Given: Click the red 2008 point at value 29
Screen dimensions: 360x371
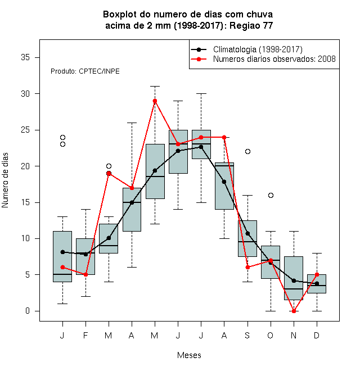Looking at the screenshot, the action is point(155,101).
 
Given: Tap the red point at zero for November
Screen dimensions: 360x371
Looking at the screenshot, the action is point(294,311).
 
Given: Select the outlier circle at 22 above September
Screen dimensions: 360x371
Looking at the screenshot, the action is point(247,151).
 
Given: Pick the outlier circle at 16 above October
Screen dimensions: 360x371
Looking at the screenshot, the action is point(271,195).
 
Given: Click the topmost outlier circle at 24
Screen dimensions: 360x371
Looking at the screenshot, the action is point(62,137).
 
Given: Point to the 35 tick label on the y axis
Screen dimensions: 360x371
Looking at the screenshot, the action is point(25,57).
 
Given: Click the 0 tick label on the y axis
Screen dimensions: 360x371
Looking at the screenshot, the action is point(28,311).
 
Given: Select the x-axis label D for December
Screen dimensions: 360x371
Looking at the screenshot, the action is point(317,335).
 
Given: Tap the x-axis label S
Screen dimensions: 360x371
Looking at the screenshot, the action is point(247,335).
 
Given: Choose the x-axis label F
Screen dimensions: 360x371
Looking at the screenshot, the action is point(85,335).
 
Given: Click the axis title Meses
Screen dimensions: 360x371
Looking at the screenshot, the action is point(189,355).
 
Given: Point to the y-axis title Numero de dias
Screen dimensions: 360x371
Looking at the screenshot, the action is point(5,180).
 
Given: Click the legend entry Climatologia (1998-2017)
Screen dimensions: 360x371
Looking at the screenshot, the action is point(258,49).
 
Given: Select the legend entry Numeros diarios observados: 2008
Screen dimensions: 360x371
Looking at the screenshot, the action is point(274,59).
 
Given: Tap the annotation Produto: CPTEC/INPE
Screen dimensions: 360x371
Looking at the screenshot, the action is point(85,71).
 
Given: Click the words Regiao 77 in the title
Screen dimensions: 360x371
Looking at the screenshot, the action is point(251,25).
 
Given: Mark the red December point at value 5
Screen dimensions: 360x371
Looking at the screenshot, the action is point(317,275).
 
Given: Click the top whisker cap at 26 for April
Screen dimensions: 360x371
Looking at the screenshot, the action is point(132,123).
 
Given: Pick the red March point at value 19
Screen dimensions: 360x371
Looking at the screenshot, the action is point(109,174).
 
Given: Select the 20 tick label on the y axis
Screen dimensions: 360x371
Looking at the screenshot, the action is point(25,166).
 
